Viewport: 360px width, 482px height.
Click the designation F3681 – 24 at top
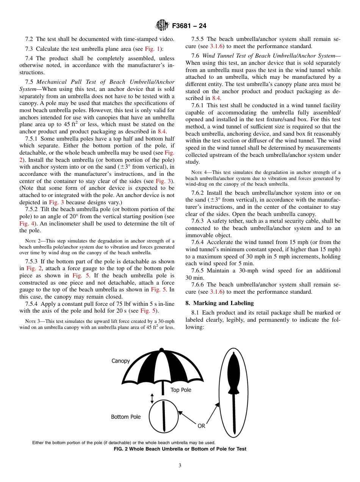tap(189, 26)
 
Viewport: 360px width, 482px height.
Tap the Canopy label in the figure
tap(121, 361)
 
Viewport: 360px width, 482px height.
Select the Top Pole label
tap(181, 390)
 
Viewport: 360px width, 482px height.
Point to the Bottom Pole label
tap(125, 417)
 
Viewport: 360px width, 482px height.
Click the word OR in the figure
tap(201, 426)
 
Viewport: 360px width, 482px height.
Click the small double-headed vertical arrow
tap(152, 398)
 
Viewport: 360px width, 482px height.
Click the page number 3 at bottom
tap(180, 466)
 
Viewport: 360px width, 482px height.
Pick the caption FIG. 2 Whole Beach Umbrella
tap(180, 449)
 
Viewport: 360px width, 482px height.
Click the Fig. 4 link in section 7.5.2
tap(27, 224)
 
